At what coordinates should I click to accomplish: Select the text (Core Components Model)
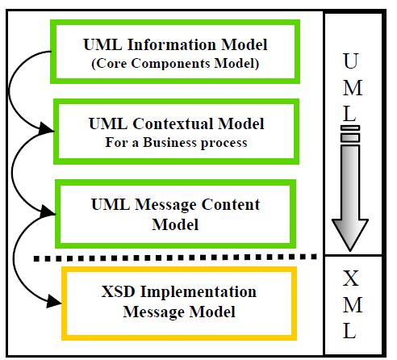175,64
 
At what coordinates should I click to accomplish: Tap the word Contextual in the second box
173,123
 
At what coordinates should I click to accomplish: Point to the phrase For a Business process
176,143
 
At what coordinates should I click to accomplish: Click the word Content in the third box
231,204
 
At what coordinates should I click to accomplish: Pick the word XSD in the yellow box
118,291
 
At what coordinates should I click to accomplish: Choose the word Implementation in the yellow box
198,292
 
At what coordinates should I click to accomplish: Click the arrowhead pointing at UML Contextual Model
46,128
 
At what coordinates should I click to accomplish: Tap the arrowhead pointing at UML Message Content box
48,211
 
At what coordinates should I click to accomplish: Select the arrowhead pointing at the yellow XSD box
54,301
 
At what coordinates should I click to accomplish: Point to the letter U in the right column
351,61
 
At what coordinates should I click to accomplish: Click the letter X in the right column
351,278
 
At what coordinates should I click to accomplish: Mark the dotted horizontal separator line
175,257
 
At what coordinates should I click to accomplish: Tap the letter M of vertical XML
353,305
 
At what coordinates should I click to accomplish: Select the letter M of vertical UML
353,88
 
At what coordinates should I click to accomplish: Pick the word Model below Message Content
175,225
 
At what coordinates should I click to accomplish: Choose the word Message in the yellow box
153,312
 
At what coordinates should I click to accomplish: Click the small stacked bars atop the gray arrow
350,134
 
